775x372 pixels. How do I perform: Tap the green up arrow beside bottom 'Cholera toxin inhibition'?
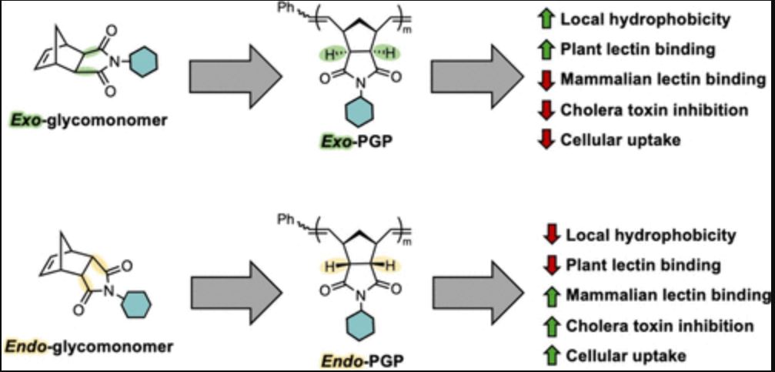[551, 325]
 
